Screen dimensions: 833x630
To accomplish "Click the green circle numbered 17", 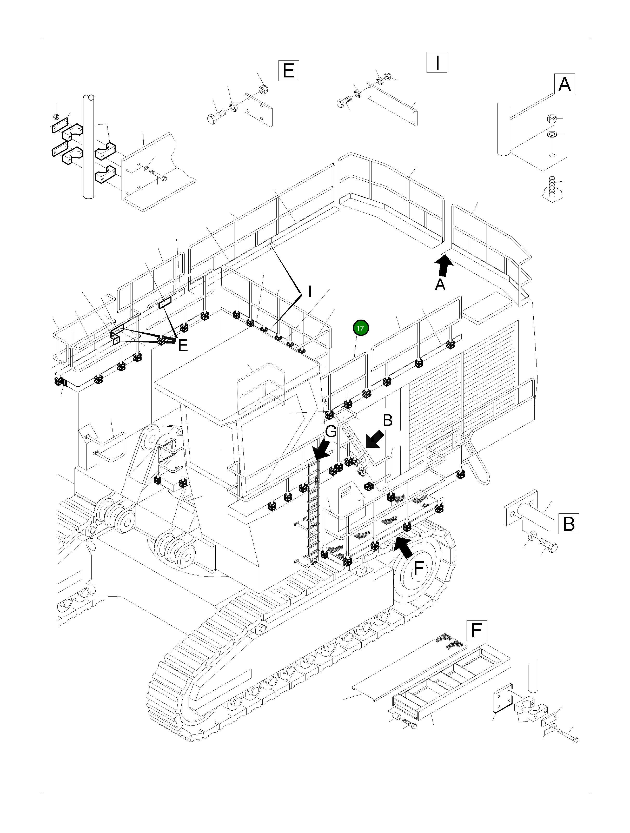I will (x=360, y=328).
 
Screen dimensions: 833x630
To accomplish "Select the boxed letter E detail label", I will (x=288, y=70).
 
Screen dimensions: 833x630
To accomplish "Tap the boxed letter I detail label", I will (x=437, y=63).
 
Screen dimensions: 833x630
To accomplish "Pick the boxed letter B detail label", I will (x=568, y=524).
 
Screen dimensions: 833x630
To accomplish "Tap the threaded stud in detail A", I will (x=552, y=186).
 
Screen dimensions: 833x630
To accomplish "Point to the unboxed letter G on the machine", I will (x=331, y=432).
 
